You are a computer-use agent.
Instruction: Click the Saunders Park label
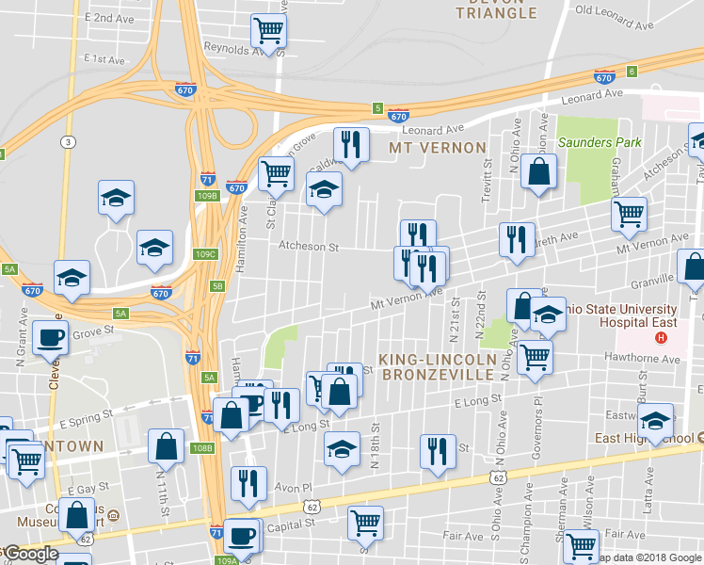(x=600, y=142)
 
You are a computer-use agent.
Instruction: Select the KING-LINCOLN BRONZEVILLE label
(x=437, y=367)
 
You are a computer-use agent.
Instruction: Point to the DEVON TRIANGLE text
(x=496, y=8)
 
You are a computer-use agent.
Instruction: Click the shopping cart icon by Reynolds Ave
(x=269, y=30)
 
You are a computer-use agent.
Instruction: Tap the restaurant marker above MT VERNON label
(x=351, y=144)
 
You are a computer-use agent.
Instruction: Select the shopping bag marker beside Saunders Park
(x=538, y=171)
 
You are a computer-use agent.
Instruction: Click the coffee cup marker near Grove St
(x=51, y=337)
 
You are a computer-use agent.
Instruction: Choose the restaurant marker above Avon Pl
(x=248, y=482)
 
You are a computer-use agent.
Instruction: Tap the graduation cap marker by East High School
(x=656, y=419)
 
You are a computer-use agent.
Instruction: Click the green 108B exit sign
(x=202, y=447)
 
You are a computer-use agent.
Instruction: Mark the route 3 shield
(x=68, y=142)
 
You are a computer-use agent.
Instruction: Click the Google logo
(x=31, y=554)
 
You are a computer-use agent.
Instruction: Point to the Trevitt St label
(x=488, y=175)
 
